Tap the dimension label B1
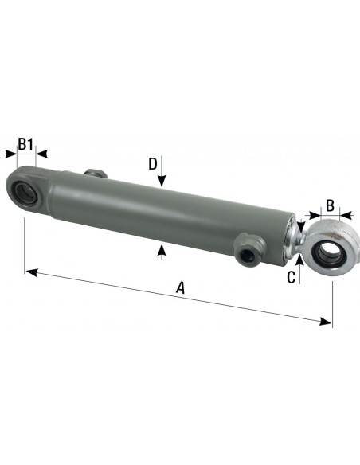26,143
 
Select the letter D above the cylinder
152,164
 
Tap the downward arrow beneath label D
162,182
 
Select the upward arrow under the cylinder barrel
162,251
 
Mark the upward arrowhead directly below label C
298,258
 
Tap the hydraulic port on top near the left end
93,173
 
